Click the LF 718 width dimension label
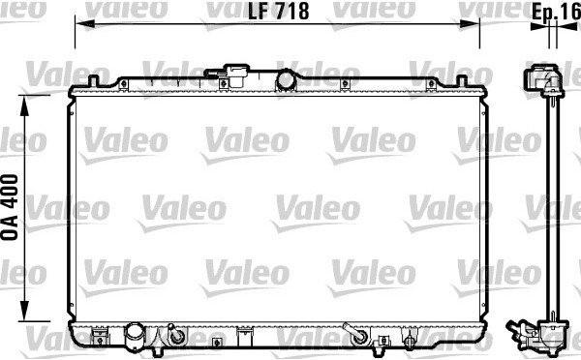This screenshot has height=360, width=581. pyautogui.click(x=278, y=11)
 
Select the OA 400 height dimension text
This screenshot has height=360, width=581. pyautogui.click(x=10, y=207)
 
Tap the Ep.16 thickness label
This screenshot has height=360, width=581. pyautogui.click(x=557, y=13)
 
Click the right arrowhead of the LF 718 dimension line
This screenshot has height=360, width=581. pyautogui.click(x=470, y=24)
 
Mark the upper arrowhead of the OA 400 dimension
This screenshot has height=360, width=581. pyautogui.click(x=24, y=105)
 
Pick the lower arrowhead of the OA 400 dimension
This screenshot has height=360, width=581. pyautogui.click(x=24, y=311)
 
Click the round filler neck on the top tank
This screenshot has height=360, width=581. pyautogui.click(x=286, y=81)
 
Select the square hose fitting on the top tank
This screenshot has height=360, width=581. pyautogui.click(x=235, y=75)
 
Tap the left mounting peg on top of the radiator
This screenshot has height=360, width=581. pyautogui.click(x=93, y=80)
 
